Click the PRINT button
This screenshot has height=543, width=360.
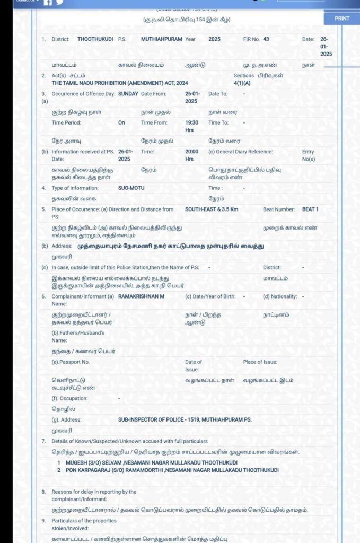click(342, 18)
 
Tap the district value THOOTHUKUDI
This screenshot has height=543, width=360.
click(95, 39)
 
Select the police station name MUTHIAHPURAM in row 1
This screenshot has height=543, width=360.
click(161, 39)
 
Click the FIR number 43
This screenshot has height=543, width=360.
click(266, 39)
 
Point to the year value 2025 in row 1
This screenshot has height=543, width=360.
click(214, 39)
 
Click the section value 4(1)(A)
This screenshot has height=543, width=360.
click(242, 84)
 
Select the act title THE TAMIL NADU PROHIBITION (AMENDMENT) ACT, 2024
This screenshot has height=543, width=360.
click(119, 84)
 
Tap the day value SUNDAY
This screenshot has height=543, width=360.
click(128, 94)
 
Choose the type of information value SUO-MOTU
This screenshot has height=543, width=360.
click(131, 188)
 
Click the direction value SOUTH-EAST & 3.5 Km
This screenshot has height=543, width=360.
click(212, 209)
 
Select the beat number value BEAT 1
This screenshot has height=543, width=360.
click(310, 209)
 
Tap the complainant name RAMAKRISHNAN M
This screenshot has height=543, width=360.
click(141, 296)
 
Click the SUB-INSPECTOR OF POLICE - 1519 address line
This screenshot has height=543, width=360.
click(185, 419)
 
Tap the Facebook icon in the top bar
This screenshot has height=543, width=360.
click(48, 2)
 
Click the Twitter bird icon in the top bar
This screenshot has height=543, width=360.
click(60, 2)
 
